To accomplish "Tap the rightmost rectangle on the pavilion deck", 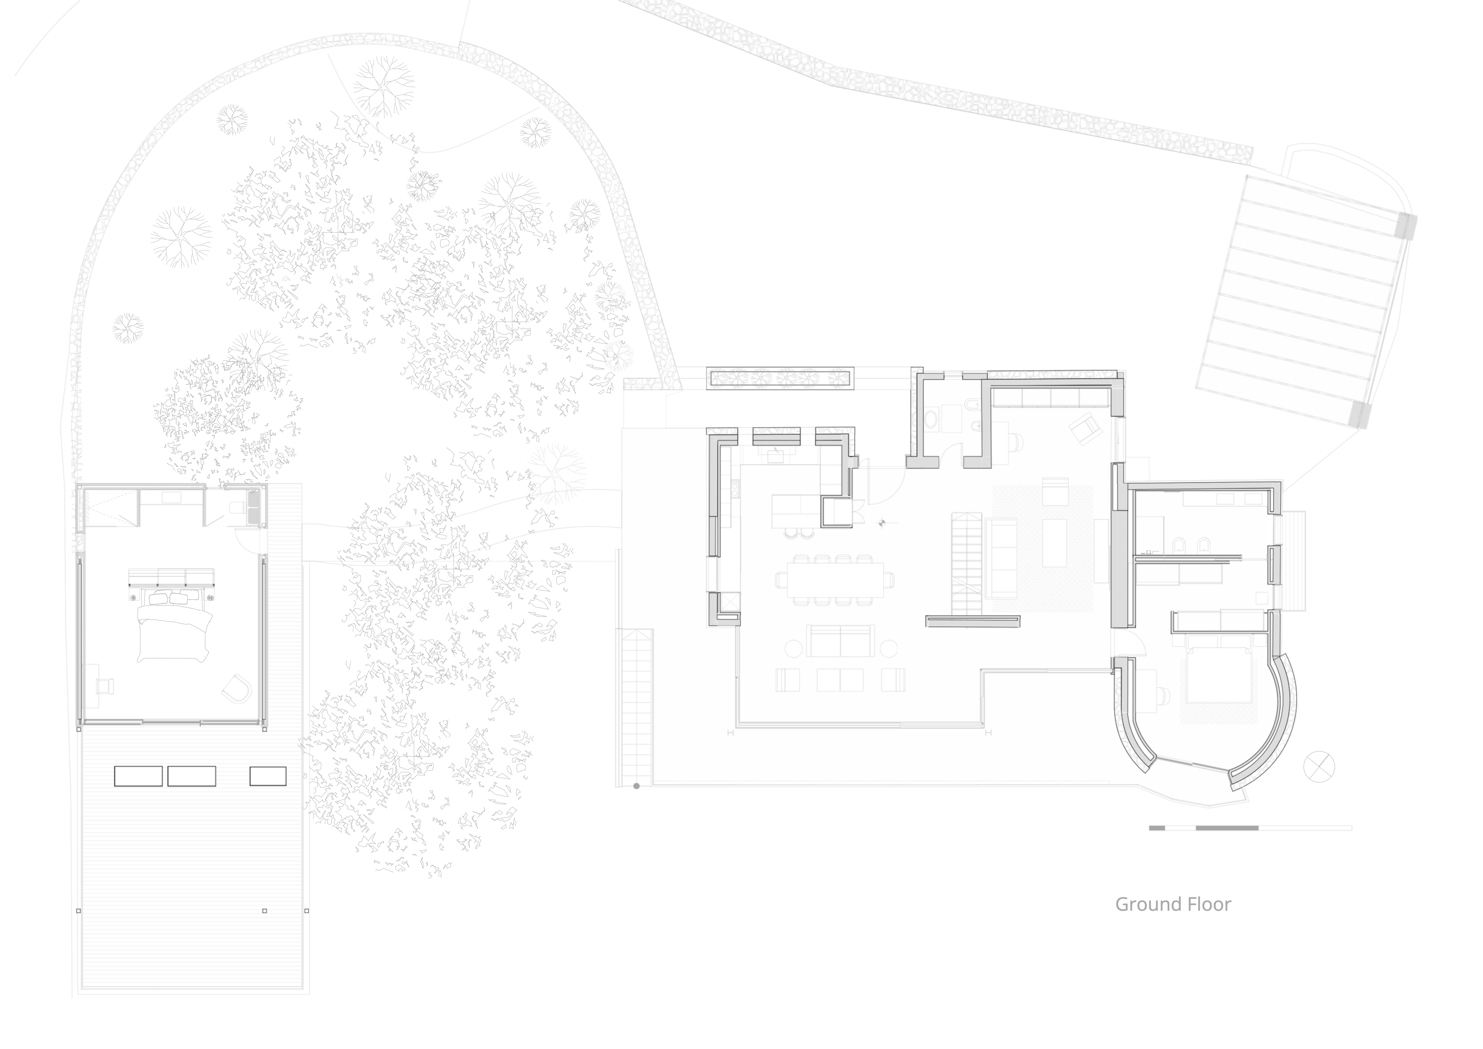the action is (268, 776).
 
